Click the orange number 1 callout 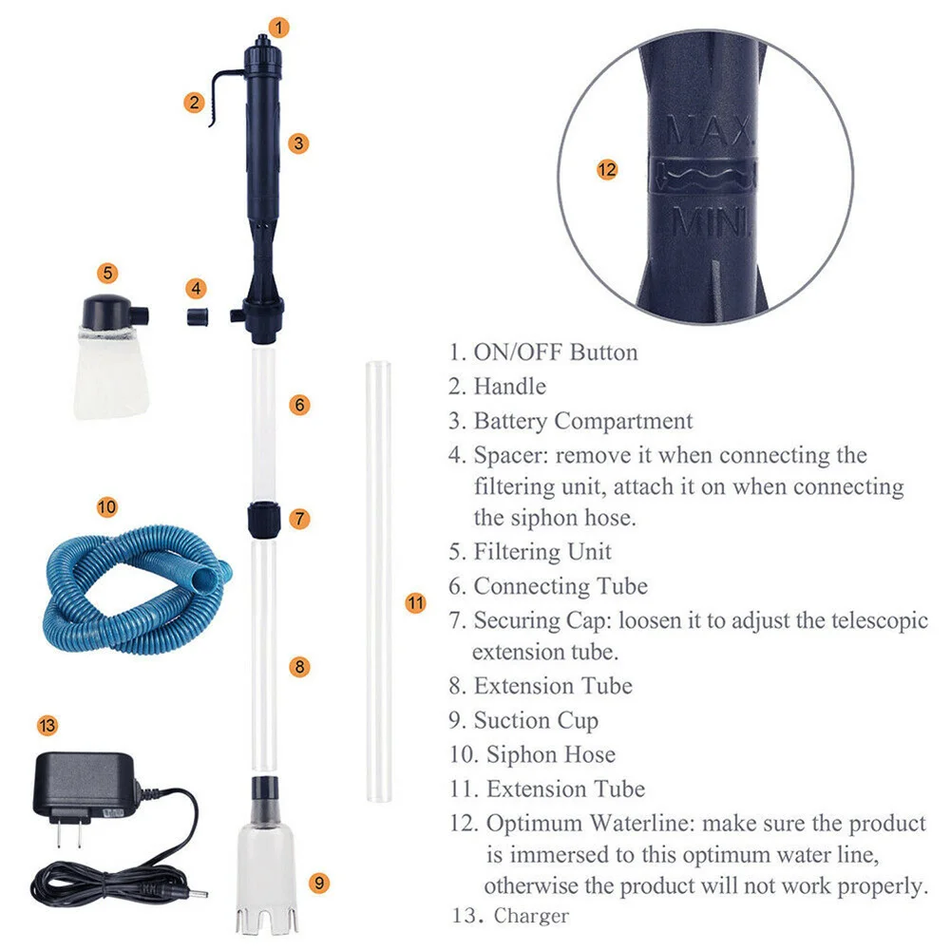(x=279, y=28)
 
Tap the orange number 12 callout (x=606, y=169)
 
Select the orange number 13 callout (x=48, y=726)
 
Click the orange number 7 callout (x=299, y=519)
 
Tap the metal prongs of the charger (x=68, y=834)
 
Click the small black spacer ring (x=198, y=316)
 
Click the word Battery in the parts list (x=510, y=421)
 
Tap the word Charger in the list (x=531, y=916)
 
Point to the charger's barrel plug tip (x=200, y=893)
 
